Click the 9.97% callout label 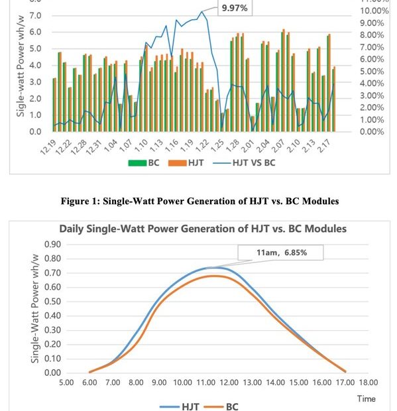coord(235,8)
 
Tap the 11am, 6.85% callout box coord(280,253)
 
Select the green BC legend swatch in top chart coord(137,163)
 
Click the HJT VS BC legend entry coord(244,163)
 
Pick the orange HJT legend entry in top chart coord(186,163)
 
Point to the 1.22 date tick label coord(203,146)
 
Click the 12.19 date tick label coord(48,147)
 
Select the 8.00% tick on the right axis coord(372,35)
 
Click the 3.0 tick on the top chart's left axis coord(35,82)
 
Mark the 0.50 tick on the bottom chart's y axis coord(52,301)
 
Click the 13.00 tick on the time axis coord(253,382)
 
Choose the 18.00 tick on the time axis coord(369,382)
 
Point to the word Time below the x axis coord(367,398)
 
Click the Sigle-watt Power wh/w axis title coord(21,66)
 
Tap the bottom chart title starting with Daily coord(203,229)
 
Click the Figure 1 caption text coord(199,201)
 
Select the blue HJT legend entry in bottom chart coord(180,406)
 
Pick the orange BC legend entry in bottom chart coord(221,406)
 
